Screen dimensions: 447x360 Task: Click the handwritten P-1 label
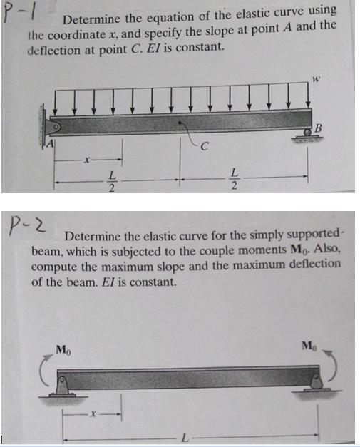[x=18, y=12]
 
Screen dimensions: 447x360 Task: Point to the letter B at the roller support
[x=318, y=128]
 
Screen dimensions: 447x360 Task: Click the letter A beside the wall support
[x=51, y=145]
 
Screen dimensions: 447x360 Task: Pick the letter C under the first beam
[x=205, y=148]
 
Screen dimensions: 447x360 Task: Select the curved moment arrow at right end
[x=329, y=367]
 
